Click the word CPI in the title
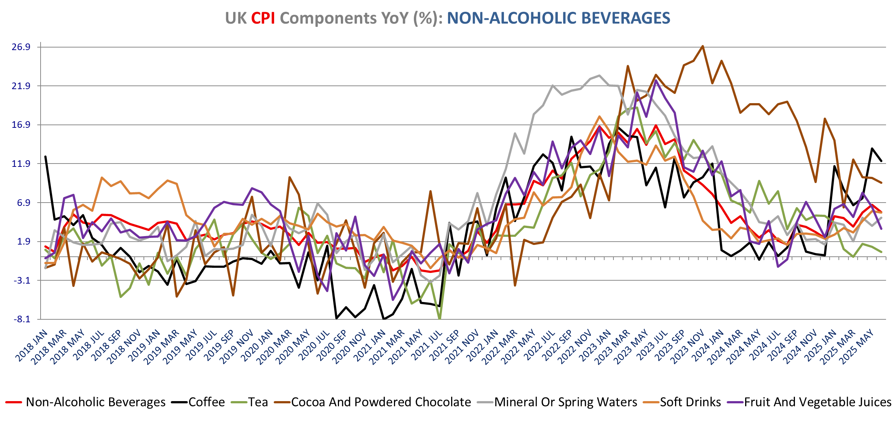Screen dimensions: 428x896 (x=263, y=18)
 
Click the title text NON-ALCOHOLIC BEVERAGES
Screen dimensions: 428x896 (x=558, y=18)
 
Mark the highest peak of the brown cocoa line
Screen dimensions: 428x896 (x=703, y=46)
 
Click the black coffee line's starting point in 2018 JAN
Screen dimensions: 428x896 (x=45, y=157)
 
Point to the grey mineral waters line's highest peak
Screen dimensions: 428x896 (x=599, y=76)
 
